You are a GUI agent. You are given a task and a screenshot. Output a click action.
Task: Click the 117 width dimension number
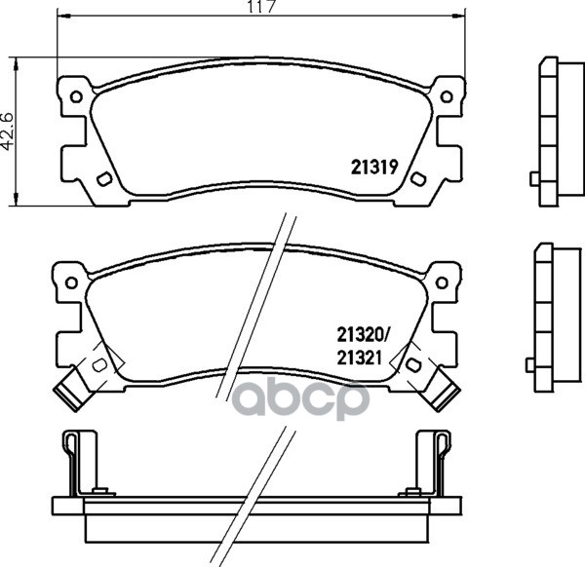[x=263, y=7]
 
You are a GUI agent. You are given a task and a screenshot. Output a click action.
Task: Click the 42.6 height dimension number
[x=7, y=131]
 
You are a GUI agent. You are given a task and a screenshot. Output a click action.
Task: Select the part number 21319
[x=374, y=168]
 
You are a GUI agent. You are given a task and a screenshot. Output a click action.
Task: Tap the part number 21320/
[x=363, y=335]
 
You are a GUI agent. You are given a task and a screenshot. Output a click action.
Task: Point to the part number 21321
[x=359, y=359]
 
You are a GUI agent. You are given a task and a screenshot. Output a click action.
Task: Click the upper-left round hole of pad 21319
[x=76, y=96]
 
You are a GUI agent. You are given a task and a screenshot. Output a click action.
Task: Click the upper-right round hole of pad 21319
[x=447, y=96]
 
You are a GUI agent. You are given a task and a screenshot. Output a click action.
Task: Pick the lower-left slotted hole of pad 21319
[x=104, y=179]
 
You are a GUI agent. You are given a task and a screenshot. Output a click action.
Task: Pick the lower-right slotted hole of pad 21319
[x=418, y=178]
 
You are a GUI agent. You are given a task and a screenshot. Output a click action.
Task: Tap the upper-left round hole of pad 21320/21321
[x=71, y=283]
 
